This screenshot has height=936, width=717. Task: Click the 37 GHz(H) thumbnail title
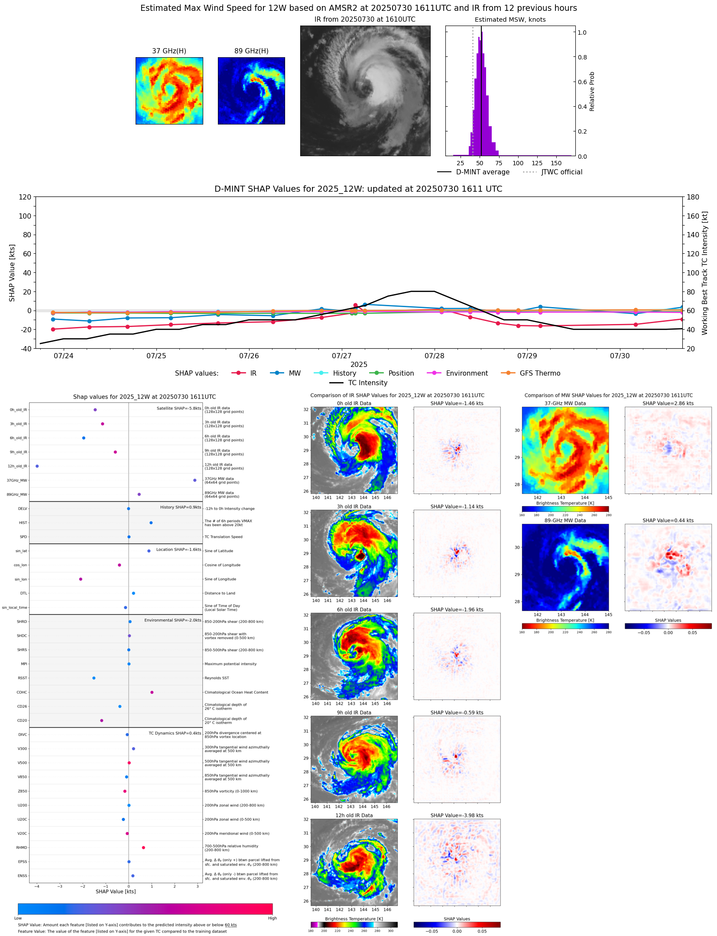pyautogui.click(x=169, y=51)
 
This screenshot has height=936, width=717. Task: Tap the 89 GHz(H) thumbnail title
pyautogui.click(x=251, y=51)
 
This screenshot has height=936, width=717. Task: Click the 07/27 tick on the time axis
pyautogui.click(x=342, y=356)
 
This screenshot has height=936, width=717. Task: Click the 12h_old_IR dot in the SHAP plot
pyautogui.click(x=37, y=466)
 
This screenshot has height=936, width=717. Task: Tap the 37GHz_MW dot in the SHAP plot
pyautogui.click(x=195, y=480)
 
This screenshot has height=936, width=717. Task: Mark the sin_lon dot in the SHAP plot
pyautogui.click(x=81, y=579)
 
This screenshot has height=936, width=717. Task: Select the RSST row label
pyautogui.click(x=22, y=678)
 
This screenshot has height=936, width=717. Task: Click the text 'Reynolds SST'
pyautogui.click(x=217, y=678)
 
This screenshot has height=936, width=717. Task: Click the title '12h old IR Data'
pyautogui.click(x=354, y=815)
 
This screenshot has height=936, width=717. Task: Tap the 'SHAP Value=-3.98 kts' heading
pyautogui.click(x=457, y=815)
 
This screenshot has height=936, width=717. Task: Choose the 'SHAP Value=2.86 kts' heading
pyautogui.click(x=668, y=403)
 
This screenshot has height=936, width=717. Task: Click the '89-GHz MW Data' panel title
pyautogui.click(x=565, y=520)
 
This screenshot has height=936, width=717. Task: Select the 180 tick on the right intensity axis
pyautogui.click(x=693, y=197)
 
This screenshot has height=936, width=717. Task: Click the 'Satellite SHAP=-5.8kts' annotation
pyautogui.click(x=179, y=408)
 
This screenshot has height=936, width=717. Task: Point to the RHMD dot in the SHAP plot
pyautogui.click(x=143, y=848)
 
